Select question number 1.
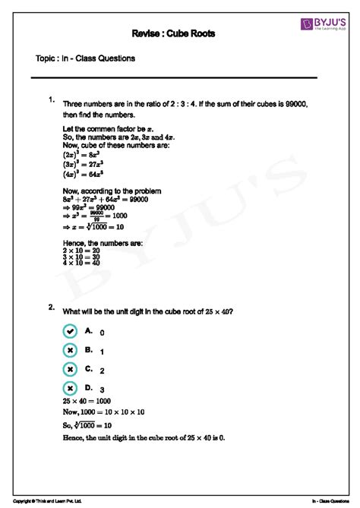[x=50, y=99]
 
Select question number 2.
[x=50, y=308]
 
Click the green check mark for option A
[x=70, y=331]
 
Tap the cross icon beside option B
[x=70, y=350]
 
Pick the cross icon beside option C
[x=70, y=369]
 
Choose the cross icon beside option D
[x=70, y=388]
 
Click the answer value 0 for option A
[x=102, y=333]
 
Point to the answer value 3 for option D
[x=102, y=390]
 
